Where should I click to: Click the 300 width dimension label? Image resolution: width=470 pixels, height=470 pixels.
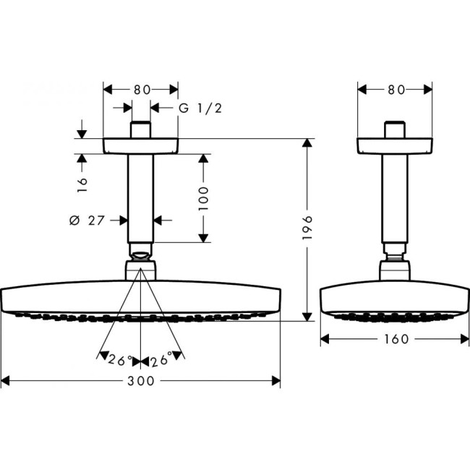140,381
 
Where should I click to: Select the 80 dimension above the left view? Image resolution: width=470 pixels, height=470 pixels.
141,90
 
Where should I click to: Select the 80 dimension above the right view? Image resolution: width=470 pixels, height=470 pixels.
396,90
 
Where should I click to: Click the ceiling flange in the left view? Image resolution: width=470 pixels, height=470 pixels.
141,145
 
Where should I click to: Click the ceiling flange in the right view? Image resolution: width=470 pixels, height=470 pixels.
396,145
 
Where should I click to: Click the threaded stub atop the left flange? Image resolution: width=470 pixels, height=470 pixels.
141,129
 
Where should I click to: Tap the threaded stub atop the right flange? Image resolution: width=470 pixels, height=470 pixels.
396,129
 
